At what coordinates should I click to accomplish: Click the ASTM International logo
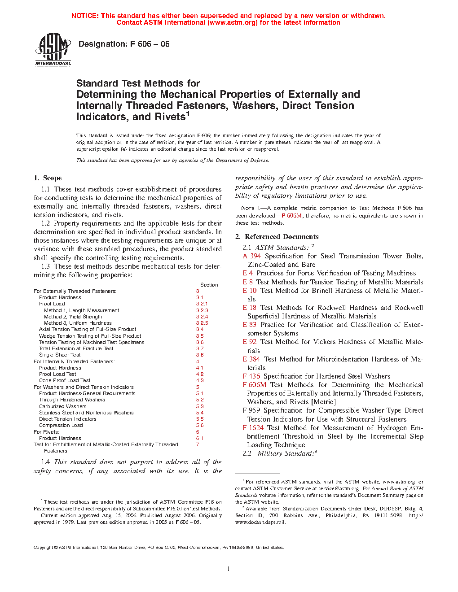coord(53,49)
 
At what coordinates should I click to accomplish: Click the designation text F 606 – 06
coord(124,44)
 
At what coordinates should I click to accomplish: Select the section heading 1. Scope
coord(48,178)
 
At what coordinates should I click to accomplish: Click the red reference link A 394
coord(252,256)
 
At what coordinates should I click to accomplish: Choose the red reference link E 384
coord(251,359)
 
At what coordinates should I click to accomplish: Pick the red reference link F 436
coord(251,376)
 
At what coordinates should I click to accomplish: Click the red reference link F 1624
coord(253,428)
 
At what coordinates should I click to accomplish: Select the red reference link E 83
coord(250,325)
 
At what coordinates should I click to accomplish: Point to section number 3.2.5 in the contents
coord(202,323)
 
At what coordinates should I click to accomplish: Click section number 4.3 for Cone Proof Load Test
coord(200,380)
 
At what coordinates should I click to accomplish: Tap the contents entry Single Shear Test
coord(60,355)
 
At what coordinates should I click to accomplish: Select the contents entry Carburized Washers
coord(62,406)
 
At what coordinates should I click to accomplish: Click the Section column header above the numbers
coord(209,285)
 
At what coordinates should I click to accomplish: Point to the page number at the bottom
coord(229,569)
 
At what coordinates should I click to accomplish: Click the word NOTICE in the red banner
coord(85,16)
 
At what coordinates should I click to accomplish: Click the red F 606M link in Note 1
coord(291,216)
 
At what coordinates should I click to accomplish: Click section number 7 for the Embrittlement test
coord(198,444)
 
